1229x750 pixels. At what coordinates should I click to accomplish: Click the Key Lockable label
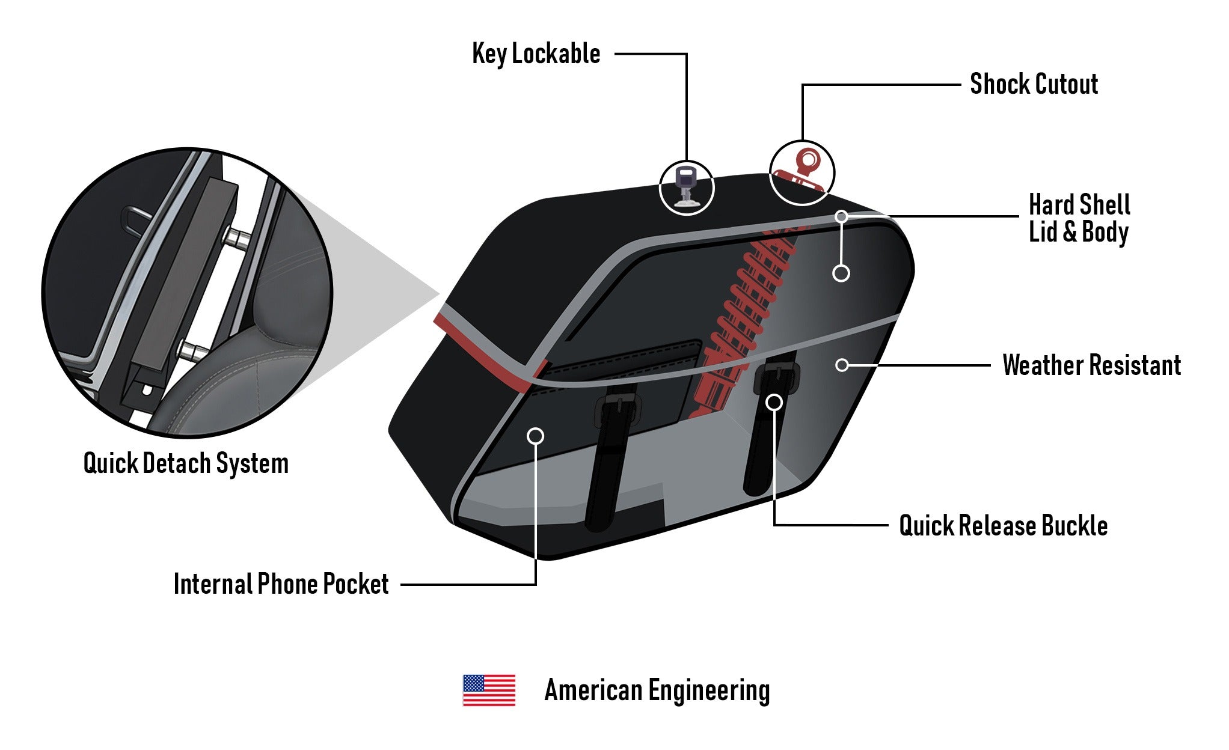(536, 54)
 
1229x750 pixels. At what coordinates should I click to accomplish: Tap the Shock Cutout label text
(1034, 84)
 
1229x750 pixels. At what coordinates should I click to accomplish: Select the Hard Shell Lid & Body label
(1079, 219)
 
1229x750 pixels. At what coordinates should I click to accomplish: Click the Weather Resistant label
(1091, 365)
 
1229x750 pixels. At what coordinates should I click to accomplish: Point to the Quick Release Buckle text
(1003, 526)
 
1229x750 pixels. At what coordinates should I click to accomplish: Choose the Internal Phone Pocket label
(281, 584)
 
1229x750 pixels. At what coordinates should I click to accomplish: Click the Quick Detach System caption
(186, 463)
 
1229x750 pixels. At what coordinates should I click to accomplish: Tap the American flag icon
(489, 690)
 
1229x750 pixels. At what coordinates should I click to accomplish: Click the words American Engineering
(657, 690)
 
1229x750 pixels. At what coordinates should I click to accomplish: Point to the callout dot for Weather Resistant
(842, 365)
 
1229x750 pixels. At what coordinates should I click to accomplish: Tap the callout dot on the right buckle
(774, 402)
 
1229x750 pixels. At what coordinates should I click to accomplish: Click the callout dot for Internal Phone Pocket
(535, 436)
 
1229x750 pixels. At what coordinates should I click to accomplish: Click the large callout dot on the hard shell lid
(841, 273)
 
